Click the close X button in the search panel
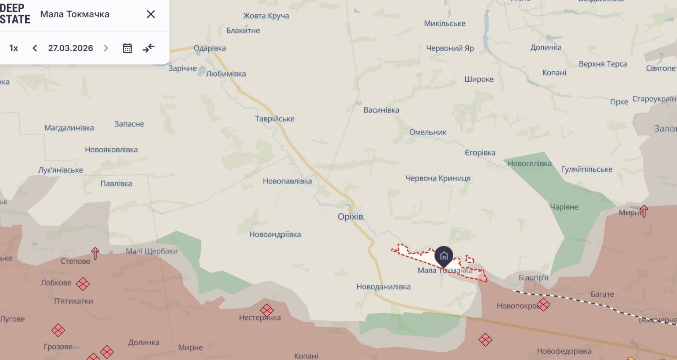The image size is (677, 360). (151, 14)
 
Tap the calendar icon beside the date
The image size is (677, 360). (127, 48)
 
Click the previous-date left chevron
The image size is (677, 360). (35, 48)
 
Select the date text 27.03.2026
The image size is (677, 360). (70, 48)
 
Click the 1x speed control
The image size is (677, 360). (14, 48)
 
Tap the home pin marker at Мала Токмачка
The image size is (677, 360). (444, 256)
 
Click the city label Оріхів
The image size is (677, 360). (350, 216)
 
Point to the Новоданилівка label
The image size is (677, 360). (383, 287)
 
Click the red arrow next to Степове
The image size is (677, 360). (95, 253)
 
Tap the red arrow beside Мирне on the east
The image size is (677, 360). (644, 211)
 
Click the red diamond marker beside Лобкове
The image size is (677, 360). (83, 284)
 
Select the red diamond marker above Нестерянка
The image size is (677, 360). (267, 310)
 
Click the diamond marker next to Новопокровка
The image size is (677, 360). (543, 304)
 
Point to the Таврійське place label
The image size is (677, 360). (275, 119)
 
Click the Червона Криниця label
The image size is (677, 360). (438, 178)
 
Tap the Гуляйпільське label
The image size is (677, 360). (587, 169)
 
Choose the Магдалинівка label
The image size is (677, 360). (69, 128)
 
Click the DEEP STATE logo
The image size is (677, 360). (15, 14)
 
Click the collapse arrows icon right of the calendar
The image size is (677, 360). (148, 48)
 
